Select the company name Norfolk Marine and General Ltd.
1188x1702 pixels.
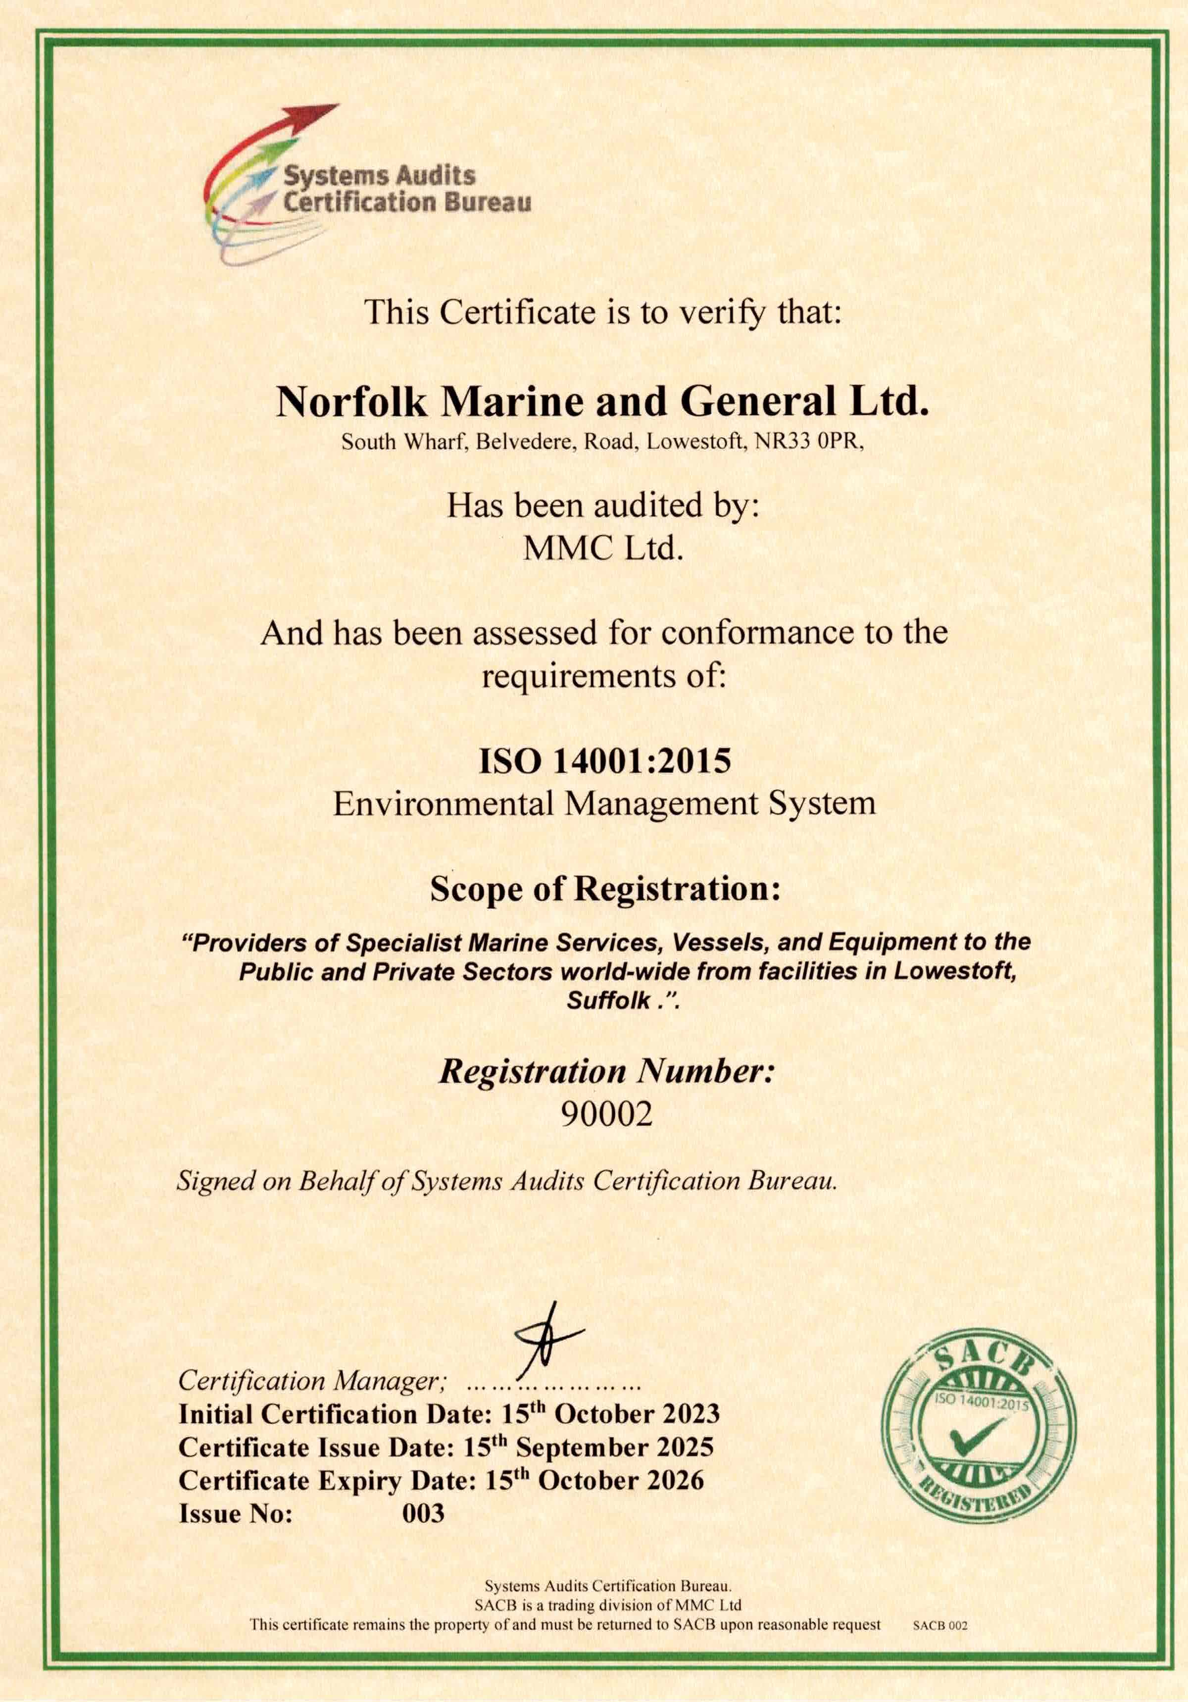[602, 402]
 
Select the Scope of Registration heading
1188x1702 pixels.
[605, 889]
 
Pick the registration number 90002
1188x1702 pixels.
[606, 1114]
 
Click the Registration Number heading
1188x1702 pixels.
[606, 1072]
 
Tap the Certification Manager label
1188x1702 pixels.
[311, 1380]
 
